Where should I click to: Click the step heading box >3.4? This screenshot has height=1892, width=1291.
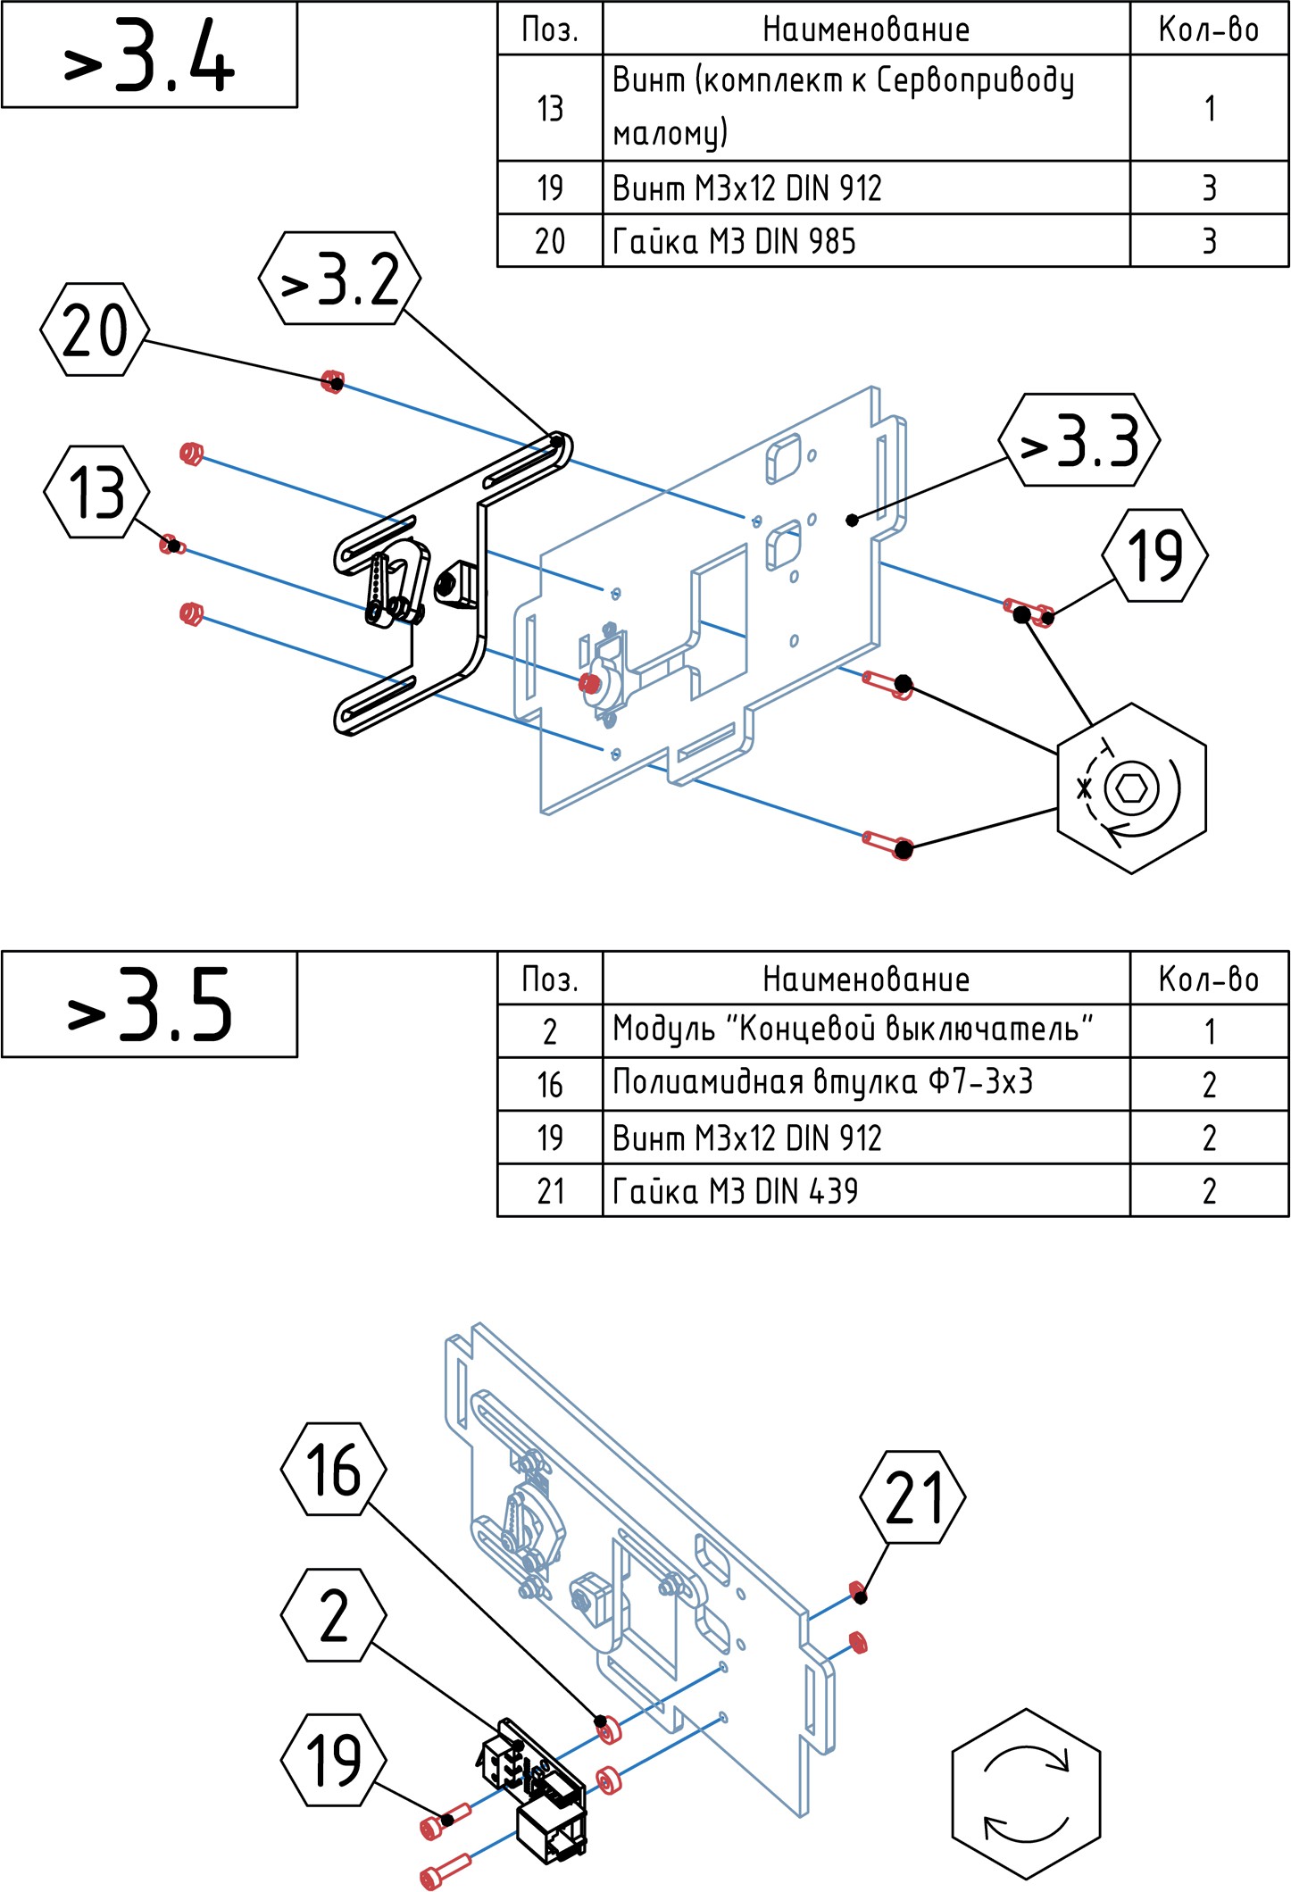coord(149,55)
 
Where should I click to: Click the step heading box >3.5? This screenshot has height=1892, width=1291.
coord(149,1004)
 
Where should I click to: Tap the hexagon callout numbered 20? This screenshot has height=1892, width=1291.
coord(95,329)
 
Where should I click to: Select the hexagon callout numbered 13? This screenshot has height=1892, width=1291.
coord(96,492)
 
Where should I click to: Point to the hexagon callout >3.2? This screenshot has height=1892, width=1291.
coord(339,279)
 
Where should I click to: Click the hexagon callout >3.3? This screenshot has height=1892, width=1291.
coord(1079,440)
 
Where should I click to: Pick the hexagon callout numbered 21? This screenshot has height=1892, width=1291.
coord(912,1497)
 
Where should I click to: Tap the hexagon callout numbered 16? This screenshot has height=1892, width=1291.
coord(333,1469)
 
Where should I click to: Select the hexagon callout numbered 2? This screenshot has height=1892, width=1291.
coord(333,1615)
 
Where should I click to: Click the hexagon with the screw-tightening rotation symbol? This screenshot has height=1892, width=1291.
coord(1131,788)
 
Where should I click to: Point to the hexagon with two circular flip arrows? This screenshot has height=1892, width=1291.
coord(1026,1794)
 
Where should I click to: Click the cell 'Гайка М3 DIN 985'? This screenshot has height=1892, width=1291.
coord(865,241)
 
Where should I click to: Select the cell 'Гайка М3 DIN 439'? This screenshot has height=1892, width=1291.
coord(865,1190)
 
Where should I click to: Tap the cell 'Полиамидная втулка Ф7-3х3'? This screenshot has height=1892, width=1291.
coord(865,1084)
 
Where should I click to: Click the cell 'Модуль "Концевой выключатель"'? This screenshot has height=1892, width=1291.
coord(865,1031)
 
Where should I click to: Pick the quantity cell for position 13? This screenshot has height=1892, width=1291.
coord(1209,109)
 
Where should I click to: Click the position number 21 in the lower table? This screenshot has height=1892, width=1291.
coord(550,1190)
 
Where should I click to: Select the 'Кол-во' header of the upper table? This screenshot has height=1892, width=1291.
coord(1209,29)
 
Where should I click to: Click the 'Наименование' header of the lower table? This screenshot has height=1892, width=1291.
coord(865,979)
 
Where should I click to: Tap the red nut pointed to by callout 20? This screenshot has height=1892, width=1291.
coord(332,382)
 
